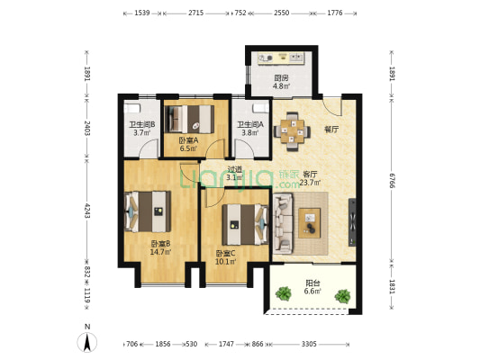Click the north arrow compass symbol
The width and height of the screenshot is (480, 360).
tap(87, 342)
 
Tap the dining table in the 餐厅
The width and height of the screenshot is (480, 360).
tap(292, 131)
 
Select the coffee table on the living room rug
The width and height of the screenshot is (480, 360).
tap(310, 223)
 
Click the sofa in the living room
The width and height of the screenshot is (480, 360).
tap(283, 223)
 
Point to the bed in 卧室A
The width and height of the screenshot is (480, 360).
tap(189, 120)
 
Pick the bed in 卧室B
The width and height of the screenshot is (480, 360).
tap(148, 211)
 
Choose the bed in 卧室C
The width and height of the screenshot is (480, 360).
tap(245, 224)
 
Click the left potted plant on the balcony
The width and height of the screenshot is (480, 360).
tap(284, 293)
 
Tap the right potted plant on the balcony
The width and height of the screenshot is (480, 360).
tap(342, 296)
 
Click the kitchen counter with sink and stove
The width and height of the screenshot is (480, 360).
tap(281, 58)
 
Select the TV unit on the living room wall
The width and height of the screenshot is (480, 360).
tap(352, 222)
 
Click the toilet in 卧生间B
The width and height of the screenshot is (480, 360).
tap(132, 108)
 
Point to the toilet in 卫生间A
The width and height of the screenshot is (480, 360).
tap(261, 108)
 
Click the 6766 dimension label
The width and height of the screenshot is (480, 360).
tap(392, 180)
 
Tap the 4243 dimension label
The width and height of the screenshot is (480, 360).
tap(87, 211)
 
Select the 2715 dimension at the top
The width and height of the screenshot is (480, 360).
tap(196, 13)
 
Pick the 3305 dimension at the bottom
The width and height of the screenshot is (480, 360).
tap(309, 344)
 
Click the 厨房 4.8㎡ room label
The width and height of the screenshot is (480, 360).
tap(281, 82)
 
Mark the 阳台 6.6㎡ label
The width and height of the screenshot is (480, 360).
tap(312, 287)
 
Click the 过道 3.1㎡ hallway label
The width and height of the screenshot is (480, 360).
tap(235, 173)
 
